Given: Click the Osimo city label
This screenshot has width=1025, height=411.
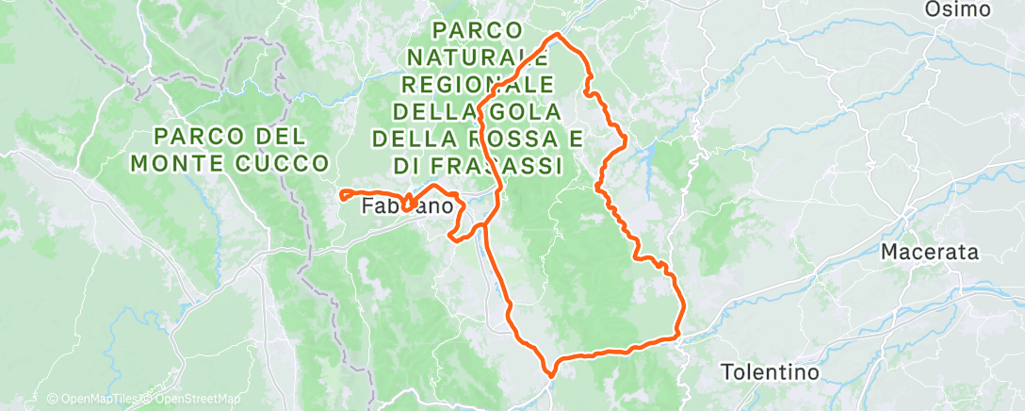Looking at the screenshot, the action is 958,9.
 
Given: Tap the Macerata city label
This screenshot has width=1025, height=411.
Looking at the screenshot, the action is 928,253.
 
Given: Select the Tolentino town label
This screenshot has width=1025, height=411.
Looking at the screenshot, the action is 771,372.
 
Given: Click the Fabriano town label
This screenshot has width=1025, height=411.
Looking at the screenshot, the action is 411,205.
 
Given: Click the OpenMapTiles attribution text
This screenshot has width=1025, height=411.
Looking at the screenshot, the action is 93,400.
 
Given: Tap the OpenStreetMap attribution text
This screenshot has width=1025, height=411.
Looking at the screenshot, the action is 193,400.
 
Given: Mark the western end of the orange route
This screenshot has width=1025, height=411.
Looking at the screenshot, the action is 340,195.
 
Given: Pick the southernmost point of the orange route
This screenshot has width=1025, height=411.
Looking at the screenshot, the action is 547,374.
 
